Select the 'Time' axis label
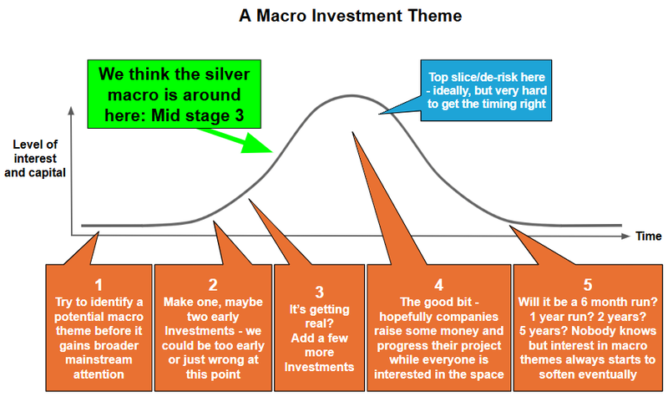[x=648, y=237]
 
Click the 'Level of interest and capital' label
[x=39, y=160]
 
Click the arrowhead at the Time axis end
[x=626, y=237]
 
